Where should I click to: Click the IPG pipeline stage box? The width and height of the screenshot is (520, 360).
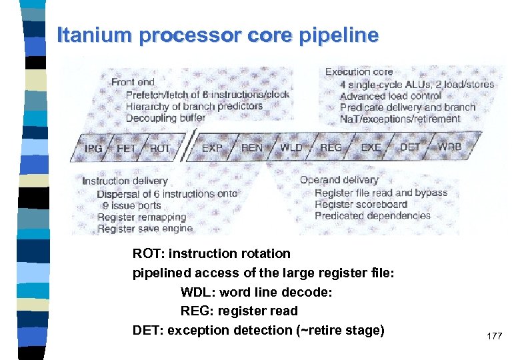point(93,148)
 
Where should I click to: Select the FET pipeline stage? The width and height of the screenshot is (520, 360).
point(127,148)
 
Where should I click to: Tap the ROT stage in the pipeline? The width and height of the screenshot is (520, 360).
point(160,148)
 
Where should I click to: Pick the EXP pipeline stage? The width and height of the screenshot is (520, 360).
point(212,147)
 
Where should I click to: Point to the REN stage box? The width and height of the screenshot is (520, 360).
point(251,147)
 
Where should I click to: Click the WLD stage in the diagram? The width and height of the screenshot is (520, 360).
point(291,147)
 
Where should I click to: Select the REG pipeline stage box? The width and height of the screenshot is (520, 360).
point(331,147)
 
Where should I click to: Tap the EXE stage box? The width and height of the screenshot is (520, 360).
point(371,147)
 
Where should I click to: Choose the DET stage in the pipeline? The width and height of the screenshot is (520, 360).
point(410,147)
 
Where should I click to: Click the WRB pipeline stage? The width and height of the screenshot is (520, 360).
point(449,147)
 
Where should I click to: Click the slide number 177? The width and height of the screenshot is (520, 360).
point(494,336)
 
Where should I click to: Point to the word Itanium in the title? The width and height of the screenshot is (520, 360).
point(95,35)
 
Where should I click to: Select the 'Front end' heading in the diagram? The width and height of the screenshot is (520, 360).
point(133,82)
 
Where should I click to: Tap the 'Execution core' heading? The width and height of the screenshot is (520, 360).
point(359,72)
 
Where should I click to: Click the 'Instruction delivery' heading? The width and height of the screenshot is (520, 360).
point(125,181)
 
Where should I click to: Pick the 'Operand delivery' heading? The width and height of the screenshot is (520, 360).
point(339,179)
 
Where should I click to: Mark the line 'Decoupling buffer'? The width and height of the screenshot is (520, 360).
point(165,118)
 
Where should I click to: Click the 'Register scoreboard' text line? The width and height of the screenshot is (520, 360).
point(360,204)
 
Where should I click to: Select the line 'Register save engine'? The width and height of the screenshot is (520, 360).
point(145,229)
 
